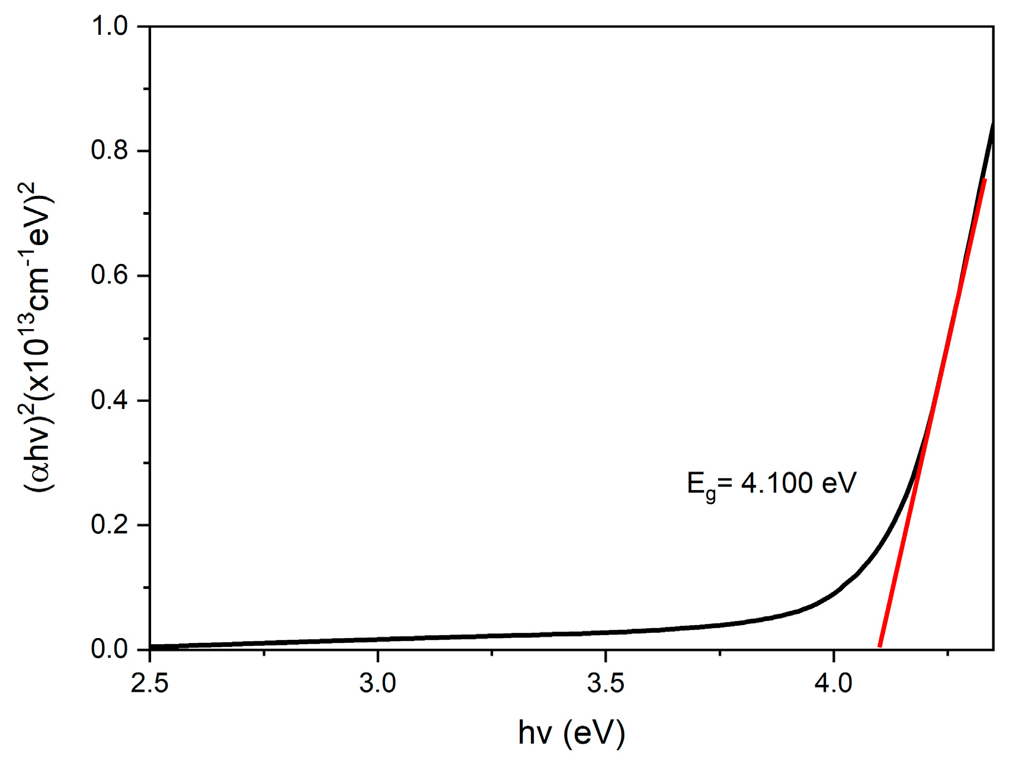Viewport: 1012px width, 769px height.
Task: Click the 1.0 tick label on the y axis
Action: (x=110, y=26)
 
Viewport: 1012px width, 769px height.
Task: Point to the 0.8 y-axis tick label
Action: (x=110, y=151)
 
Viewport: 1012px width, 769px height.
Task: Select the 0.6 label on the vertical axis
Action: (x=110, y=276)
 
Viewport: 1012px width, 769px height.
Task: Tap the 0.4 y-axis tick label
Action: (x=110, y=401)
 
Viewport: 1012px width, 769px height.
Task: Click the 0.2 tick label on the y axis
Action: (x=110, y=525)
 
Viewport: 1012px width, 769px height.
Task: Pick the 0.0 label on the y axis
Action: (x=110, y=649)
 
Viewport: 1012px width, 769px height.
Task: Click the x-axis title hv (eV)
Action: (x=571, y=733)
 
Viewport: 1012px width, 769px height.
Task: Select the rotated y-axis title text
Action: (x=39, y=337)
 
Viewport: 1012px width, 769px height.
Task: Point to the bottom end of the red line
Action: (x=880, y=646)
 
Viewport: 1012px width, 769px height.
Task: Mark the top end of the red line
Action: (x=984, y=180)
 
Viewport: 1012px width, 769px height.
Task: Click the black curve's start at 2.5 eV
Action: (x=152, y=646)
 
